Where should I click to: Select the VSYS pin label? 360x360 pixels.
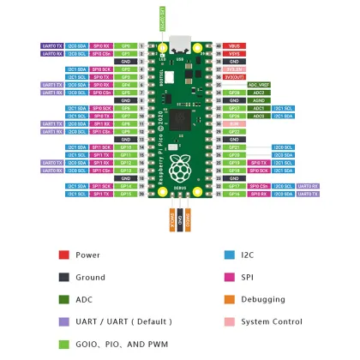pyautogui.click(x=233, y=52)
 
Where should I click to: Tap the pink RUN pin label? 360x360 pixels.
pyautogui.click(x=233, y=124)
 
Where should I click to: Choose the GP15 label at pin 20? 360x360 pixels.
pyautogui.click(x=126, y=195)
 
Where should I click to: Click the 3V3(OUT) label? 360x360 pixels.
pyautogui.click(x=234, y=76)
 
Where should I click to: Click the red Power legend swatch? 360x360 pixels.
pyautogui.click(x=63, y=255)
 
